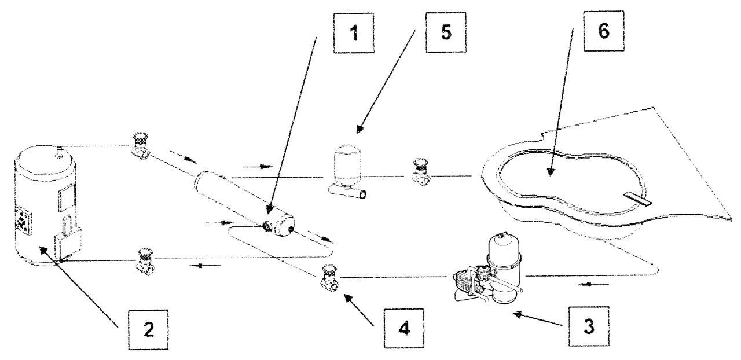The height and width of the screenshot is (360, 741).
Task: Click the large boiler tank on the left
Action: (46, 208)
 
